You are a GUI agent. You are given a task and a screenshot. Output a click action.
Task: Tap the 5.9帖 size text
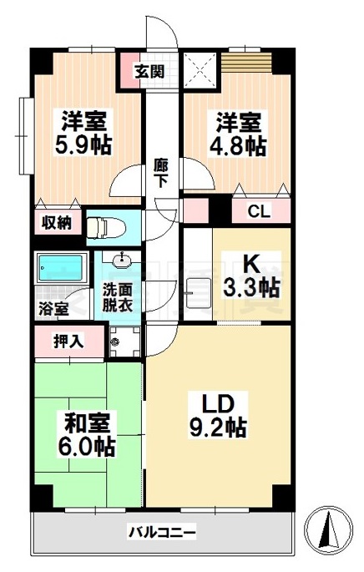[84, 144]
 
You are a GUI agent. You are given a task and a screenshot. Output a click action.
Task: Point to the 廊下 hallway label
[161, 174]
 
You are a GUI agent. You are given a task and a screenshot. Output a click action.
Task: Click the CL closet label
[260, 211]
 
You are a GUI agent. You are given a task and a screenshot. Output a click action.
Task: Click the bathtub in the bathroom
[60, 269]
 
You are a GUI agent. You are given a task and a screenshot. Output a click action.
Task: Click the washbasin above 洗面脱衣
[122, 260]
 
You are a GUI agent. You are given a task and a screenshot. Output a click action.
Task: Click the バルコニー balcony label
[162, 532]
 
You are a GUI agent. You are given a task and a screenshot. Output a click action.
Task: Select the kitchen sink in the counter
[197, 292]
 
